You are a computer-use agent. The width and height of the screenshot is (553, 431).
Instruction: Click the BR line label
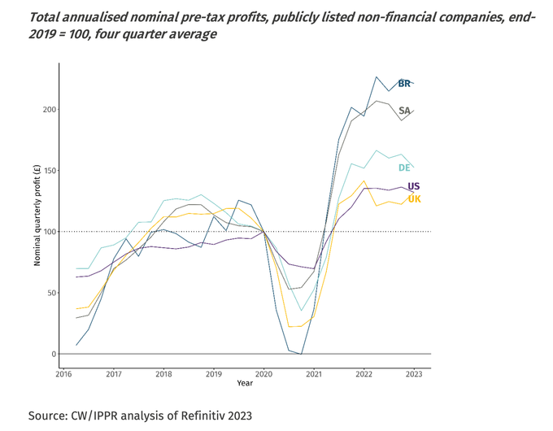(404, 83)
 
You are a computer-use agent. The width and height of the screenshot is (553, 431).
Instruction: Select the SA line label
(404, 111)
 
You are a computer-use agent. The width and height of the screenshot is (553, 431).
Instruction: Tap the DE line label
(404, 168)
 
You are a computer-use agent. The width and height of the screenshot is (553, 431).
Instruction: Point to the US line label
(414, 187)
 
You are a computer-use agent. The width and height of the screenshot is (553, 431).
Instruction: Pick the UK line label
(414, 199)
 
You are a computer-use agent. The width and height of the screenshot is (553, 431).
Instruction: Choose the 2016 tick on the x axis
(63, 375)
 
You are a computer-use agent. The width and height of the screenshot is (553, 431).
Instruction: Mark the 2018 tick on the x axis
(163, 375)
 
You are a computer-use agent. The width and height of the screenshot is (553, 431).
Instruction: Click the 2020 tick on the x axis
(263, 375)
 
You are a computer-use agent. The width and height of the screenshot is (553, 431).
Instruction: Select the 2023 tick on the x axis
(413, 375)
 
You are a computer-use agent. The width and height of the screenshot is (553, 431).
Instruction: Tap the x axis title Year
(245, 383)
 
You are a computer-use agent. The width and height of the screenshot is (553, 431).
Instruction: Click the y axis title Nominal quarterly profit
(37, 215)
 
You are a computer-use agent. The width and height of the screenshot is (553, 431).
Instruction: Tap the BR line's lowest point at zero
(301, 354)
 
